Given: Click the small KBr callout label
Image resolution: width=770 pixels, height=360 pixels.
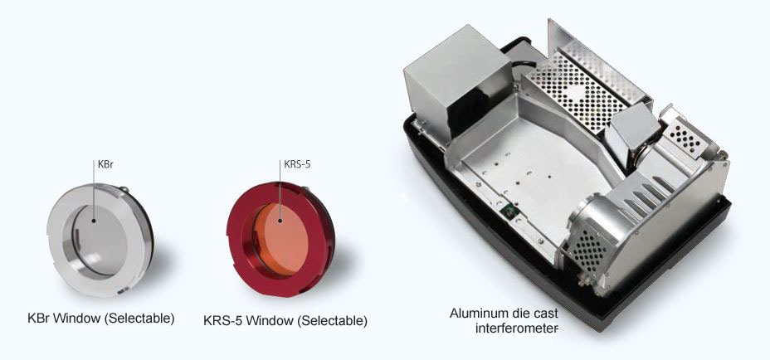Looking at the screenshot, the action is click(105, 164).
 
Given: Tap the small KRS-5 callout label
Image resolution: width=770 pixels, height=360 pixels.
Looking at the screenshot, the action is click(297, 164).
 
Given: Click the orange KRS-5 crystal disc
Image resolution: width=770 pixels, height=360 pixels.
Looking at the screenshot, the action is click(281, 239).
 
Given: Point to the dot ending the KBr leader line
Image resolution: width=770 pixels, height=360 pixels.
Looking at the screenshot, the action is click(93, 221).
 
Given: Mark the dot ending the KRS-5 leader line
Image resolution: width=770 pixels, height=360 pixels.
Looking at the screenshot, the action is click(280, 221).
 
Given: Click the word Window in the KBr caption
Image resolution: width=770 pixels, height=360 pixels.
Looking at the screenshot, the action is click(77, 319).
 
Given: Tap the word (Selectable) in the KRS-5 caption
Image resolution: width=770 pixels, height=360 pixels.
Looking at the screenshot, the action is click(333, 321).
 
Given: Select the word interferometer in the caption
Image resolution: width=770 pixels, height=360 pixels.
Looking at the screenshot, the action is click(517, 328).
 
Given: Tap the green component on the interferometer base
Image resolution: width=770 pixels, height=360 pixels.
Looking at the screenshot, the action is click(506, 213).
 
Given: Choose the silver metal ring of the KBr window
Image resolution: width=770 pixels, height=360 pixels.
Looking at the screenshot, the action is click(56, 236).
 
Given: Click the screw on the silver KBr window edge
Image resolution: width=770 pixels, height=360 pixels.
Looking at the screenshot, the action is click(124, 188).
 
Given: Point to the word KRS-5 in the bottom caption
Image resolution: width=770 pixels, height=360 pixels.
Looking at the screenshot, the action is click(223, 321).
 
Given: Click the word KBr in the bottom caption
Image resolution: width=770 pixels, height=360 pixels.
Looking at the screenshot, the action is click(39, 319).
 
